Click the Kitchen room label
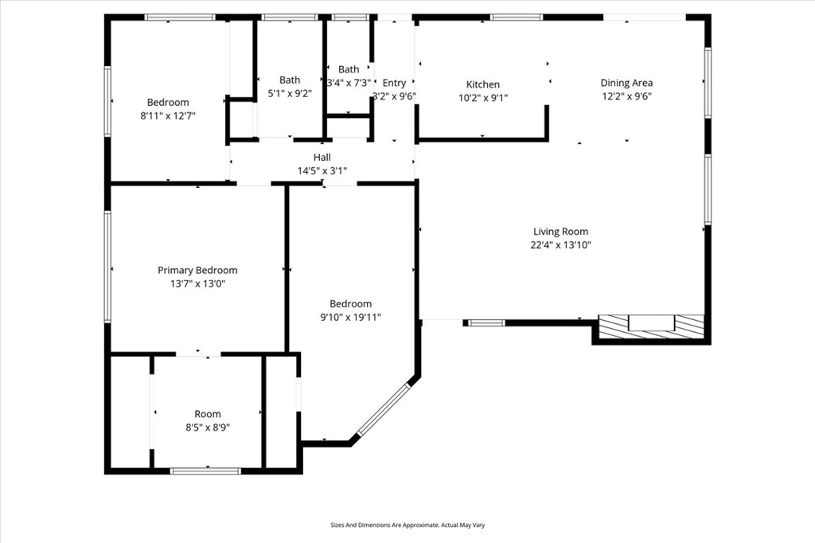[483, 84]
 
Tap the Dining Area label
[626, 83]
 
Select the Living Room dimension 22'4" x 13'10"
[561, 245]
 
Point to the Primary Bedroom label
[197, 271]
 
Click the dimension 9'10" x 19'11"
[350, 317]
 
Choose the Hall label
[322, 157]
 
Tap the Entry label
[394, 84]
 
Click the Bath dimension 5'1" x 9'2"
[290, 94]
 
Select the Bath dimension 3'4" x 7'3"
[349, 83]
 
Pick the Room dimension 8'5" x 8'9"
[208, 428]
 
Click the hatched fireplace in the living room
[651, 326]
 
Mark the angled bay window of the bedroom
[383, 409]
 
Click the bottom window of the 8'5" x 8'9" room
[206, 471]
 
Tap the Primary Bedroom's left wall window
[107, 266]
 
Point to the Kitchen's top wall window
[517, 18]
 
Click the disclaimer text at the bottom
[407, 525]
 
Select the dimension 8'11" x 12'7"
[167, 116]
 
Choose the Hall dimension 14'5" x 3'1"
[322, 170]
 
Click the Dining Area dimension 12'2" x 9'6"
[627, 96]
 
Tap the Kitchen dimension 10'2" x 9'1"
[483, 98]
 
